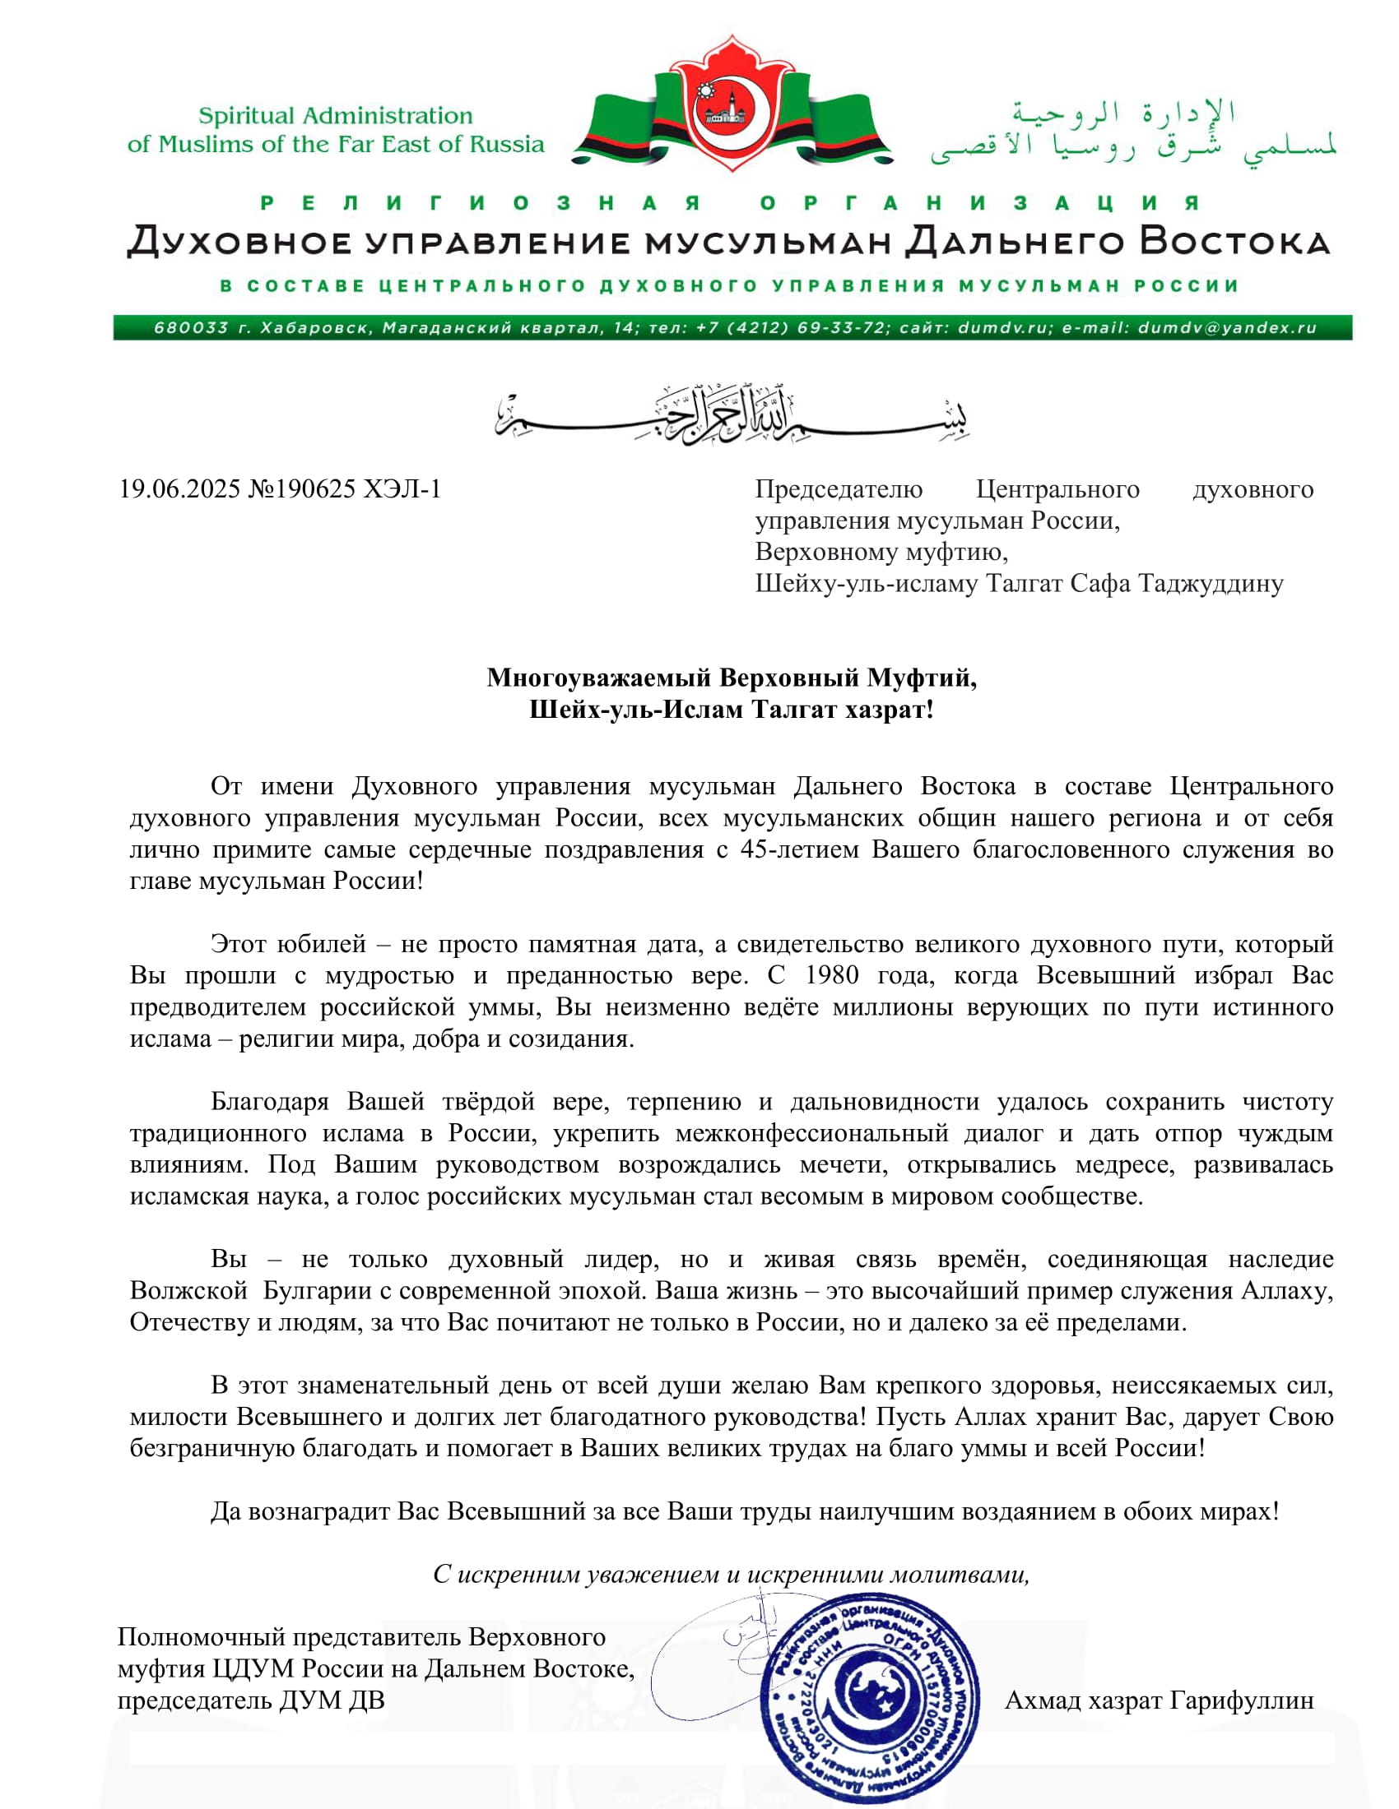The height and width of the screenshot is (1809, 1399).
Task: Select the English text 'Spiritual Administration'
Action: point(336,116)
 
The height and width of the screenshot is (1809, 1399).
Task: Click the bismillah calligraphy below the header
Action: point(732,414)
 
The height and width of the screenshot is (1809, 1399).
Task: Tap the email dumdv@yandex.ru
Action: point(1227,328)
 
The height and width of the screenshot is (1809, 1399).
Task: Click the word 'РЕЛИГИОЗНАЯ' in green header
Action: point(481,203)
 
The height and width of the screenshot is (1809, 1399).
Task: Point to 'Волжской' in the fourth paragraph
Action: point(189,1290)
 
